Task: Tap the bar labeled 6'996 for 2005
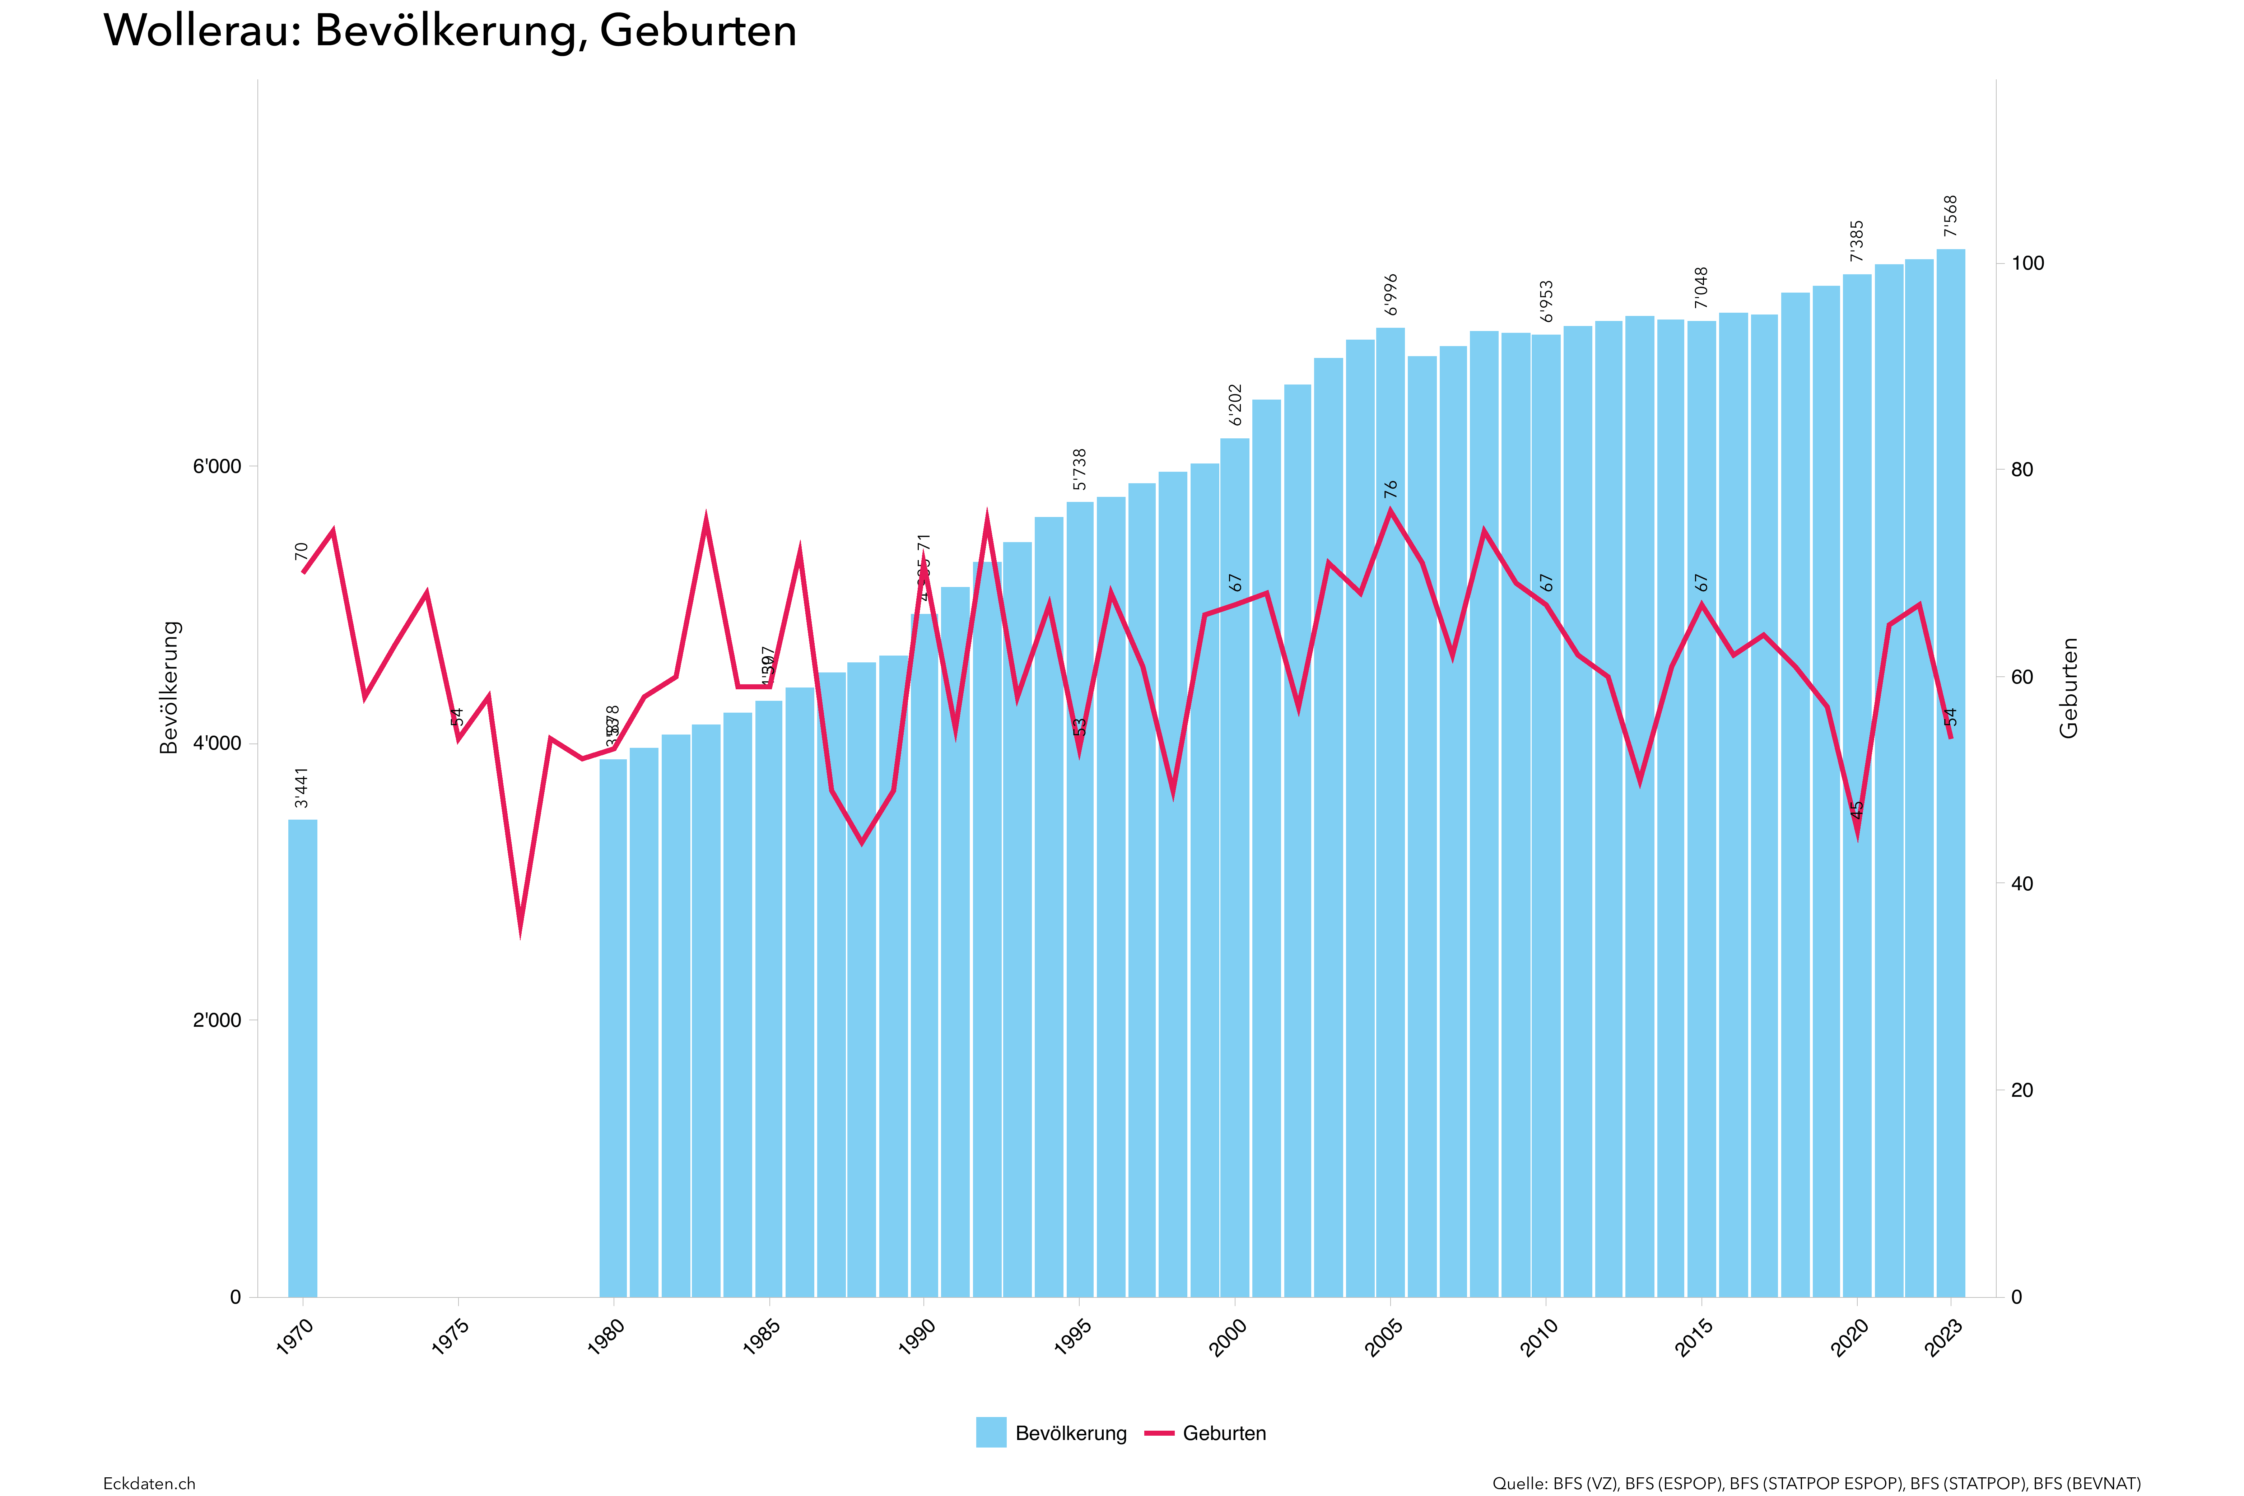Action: tap(1390, 811)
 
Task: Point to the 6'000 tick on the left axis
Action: tap(218, 467)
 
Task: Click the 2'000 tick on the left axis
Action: tap(218, 1020)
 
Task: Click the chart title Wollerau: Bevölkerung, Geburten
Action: tap(450, 31)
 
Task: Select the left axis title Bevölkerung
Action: tap(170, 687)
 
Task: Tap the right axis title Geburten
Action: tap(2068, 687)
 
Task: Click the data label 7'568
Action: tap(1951, 216)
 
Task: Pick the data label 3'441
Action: tap(302, 788)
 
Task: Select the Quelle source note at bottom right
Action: tap(1817, 1483)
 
